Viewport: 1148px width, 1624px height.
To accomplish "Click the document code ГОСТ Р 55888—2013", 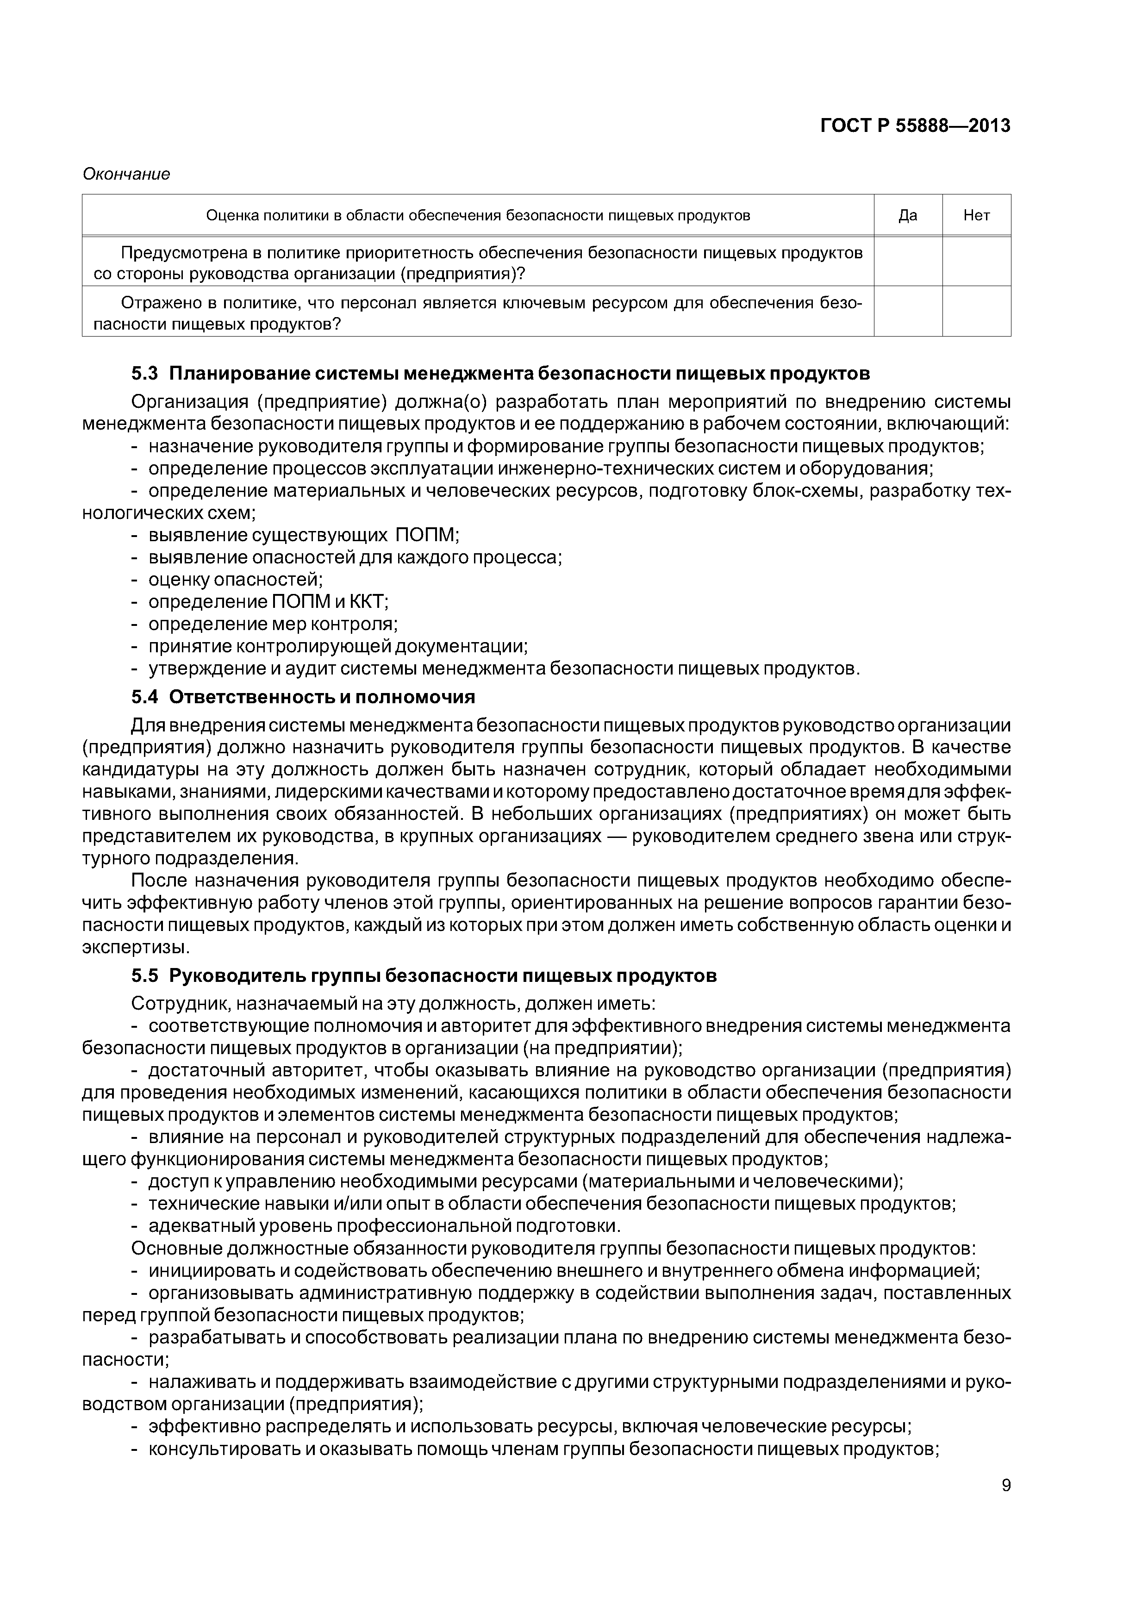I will (x=915, y=126).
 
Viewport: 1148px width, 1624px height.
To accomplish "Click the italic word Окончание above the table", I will (x=126, y=174).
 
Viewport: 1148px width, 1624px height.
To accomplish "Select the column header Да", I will (x=907, y=215).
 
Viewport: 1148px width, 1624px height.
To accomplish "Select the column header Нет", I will (x=976, y=215).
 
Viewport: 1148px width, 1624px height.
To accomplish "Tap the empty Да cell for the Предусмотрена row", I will (x=907, y=262).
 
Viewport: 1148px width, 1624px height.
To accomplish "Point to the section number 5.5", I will (x=144, y=976).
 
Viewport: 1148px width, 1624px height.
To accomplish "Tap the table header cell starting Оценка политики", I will (x=477, y=215).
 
